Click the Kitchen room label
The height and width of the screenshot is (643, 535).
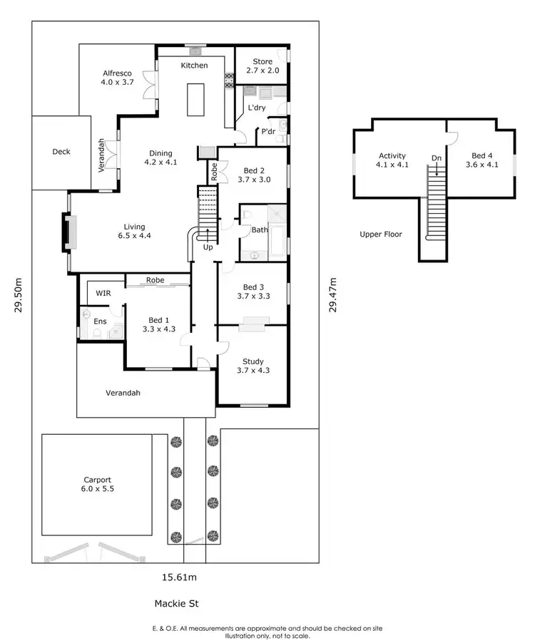click(194, 66)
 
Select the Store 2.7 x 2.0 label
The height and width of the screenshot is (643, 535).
click(263, 66)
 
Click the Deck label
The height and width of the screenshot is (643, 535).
click(61, 152)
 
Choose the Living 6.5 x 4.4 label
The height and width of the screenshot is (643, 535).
click(134, 231)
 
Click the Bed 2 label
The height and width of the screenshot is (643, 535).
click(254, 175)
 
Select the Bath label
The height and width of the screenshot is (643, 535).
click(259, 230)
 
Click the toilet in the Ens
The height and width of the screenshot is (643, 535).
click(86, 314)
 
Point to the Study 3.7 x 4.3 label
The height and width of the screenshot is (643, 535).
click(253, 366)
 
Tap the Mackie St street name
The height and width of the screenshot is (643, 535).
click(176, 604)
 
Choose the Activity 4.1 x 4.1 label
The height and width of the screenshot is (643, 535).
click(392, 160)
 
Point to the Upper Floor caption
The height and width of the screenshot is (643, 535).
click(381, 234)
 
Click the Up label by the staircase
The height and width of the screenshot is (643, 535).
click(208, 247)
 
